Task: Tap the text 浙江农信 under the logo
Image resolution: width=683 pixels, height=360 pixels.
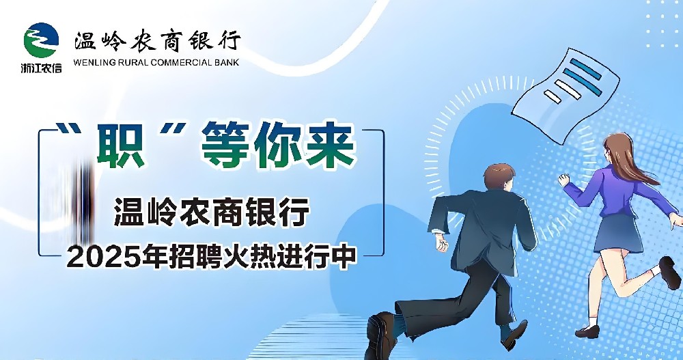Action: [41, 68]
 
